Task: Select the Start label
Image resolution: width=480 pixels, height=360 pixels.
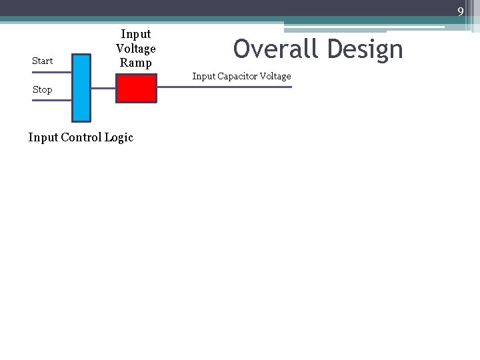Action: (x=42, y=61)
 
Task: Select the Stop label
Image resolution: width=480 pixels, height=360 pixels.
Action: (x=42, y=89)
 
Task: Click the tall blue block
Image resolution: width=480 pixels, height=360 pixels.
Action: (x=81, y=87)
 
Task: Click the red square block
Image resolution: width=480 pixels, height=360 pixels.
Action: (x=136, y=88)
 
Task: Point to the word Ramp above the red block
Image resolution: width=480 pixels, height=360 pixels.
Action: (x=136, y=63)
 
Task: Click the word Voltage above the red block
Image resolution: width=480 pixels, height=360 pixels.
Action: (x=136, y=48)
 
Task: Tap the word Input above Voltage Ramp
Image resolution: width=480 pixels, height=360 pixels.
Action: (x=136, y=33)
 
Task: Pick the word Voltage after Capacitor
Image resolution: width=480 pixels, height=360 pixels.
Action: (x=275, y=76)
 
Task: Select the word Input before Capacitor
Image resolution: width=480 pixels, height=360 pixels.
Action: (x=204, y=76)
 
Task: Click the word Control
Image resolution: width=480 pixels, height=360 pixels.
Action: (x=83, y=137)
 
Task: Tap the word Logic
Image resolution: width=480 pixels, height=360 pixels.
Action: (x=120, y=137)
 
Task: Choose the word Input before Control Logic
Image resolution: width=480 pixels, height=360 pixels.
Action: (x=44, y=137)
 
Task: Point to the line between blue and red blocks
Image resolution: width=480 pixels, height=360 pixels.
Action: (x=103, y=87)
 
